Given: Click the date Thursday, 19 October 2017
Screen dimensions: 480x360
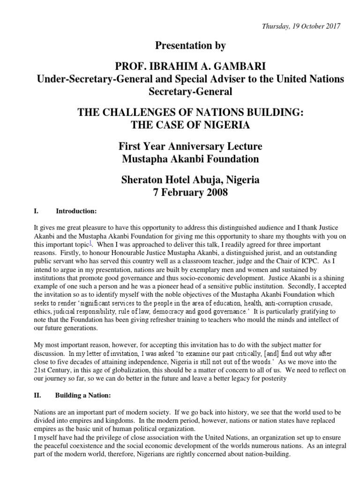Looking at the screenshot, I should click(x=301, y=26).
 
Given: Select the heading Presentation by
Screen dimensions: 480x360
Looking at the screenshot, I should click(x=190, y=46).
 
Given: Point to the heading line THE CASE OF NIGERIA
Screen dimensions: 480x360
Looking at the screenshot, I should click(x=190, y=126).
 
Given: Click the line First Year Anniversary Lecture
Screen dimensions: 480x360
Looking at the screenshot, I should click(x=190, y=146).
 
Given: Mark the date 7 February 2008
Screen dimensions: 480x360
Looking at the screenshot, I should click(x=190, y=193).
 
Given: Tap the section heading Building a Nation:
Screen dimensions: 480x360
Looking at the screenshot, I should click(x=83, y=396).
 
